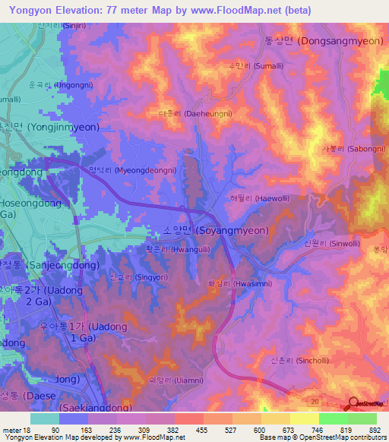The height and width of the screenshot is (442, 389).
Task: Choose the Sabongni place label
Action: point(350,149)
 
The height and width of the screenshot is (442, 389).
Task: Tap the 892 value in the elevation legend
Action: point(375,429)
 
